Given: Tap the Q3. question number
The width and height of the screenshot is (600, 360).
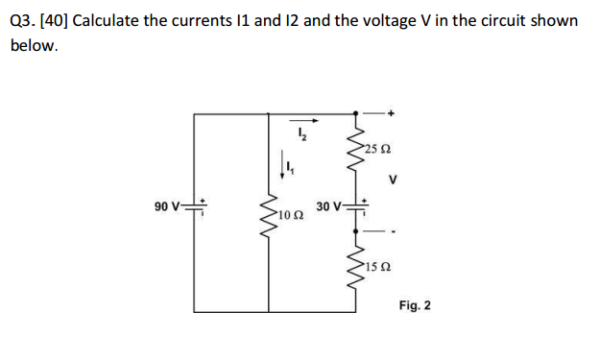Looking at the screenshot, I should pyautogui.click(x=19, y=20).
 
